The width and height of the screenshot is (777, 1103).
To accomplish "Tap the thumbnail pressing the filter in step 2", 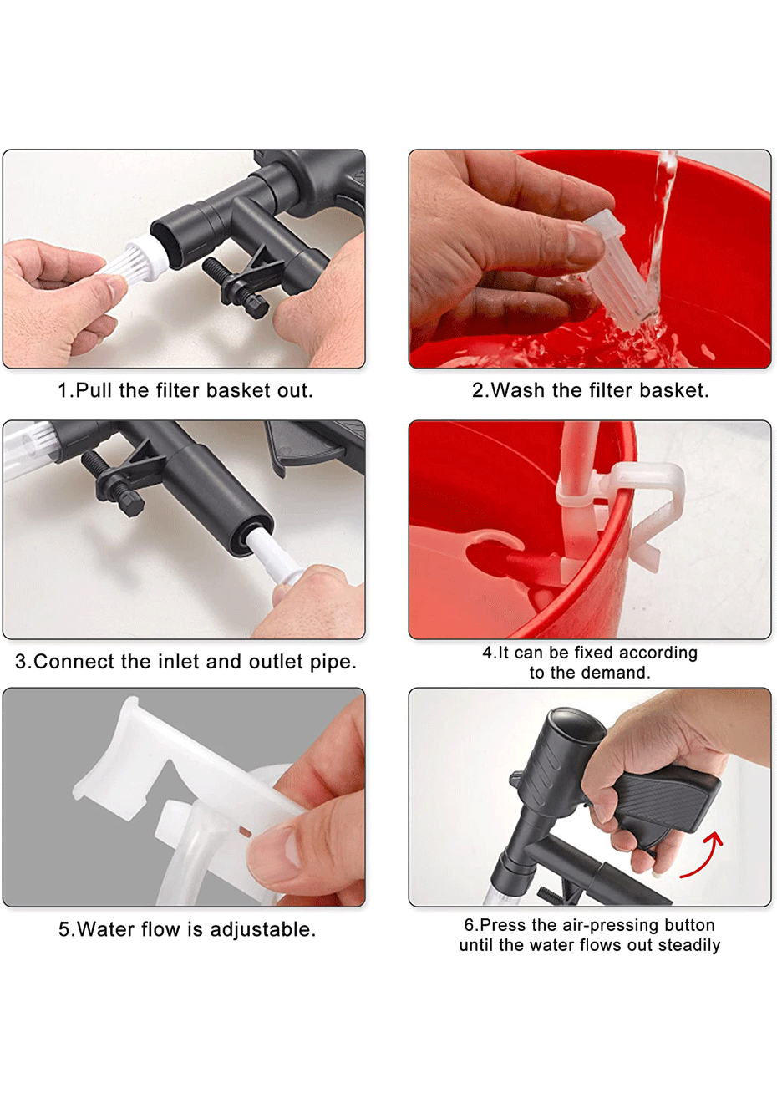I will [584, 242].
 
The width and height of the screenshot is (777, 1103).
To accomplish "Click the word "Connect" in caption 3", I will [74, 662].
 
